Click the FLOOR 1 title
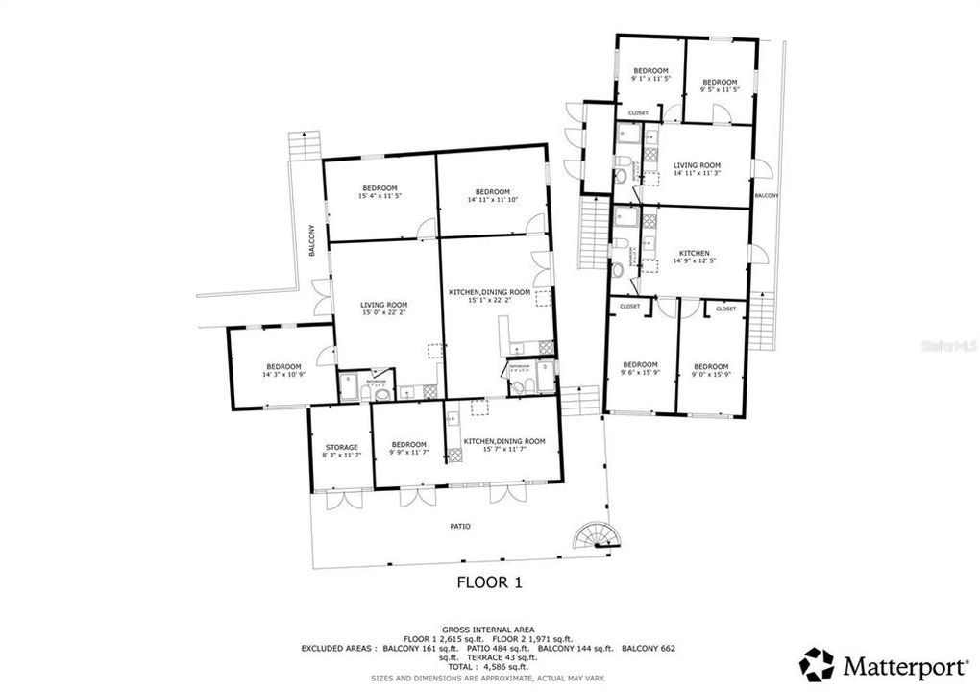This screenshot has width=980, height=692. (x=490, y=581)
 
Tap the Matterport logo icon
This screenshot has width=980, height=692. (x=817, y=664)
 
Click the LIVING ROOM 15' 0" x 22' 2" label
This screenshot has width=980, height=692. (x=384, y=309)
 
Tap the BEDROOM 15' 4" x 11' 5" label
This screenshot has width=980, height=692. (x=379, y=192)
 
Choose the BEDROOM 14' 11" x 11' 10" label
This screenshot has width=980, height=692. (x=492, y=195)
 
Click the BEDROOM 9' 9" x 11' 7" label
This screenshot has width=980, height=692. (x=407, y=448)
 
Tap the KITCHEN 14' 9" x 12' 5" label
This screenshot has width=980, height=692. (x=694, y=259)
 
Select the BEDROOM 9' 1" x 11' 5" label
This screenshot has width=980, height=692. (x=649, y=75)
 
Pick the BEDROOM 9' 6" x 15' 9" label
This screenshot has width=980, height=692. (x=640, y=369)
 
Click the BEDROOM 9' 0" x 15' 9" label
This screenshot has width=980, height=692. (x=711, y=370)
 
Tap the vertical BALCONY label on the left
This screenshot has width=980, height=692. (x=311, y=240)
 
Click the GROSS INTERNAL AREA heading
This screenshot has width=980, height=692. (x=489, y=629)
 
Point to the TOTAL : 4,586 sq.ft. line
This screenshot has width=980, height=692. (x=489, y=666)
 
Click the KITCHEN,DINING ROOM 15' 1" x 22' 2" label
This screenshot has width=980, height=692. (x=490, y=295)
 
